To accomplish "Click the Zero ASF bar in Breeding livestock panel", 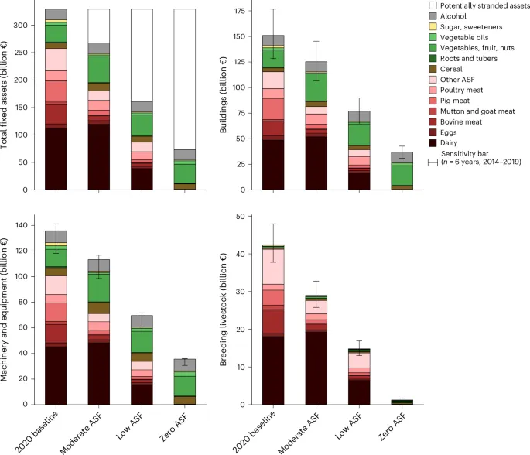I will click(x=402, y=402).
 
